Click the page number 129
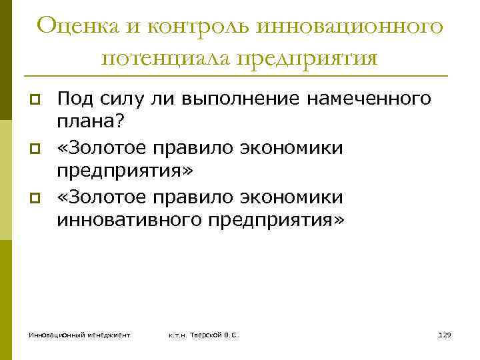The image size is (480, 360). click(445, 335)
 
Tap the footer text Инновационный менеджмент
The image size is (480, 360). click(79, 335)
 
